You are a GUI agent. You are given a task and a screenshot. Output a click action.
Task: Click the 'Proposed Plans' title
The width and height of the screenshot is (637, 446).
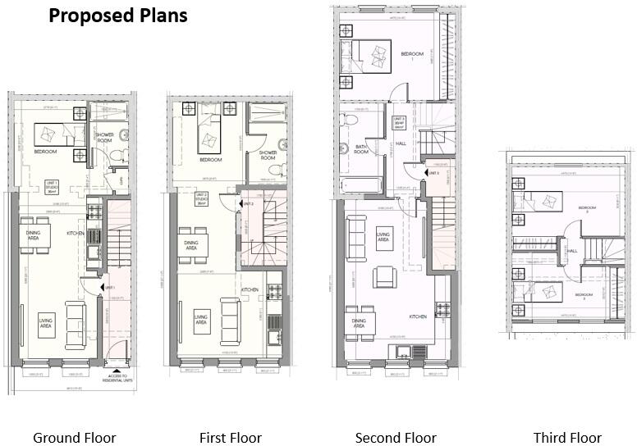[x=117, y=16]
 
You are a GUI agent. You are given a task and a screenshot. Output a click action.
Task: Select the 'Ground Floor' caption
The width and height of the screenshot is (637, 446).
[x=74, y=438]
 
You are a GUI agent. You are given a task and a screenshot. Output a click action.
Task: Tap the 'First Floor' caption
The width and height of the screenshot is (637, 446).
[x=230, y=438]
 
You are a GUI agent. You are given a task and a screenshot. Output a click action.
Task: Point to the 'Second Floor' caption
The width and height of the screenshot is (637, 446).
[x=396, y=438]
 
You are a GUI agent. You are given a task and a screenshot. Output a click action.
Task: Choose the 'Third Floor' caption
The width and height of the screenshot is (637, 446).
[x=567, y=438]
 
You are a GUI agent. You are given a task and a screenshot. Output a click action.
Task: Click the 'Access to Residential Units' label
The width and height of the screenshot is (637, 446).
[x=118, y=379]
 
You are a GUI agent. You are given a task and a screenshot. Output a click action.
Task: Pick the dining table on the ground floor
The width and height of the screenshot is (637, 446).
[x=35, y=236]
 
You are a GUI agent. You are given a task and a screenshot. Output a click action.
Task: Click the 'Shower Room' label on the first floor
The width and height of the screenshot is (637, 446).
[x=268, y=155]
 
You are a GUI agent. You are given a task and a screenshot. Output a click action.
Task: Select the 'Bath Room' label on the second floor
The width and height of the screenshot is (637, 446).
[x=361, y=149]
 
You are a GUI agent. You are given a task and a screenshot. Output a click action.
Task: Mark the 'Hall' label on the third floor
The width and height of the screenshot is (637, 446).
[x=572, y=251]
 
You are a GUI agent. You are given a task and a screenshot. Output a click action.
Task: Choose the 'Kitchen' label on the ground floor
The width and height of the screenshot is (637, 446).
[x=76, y=234]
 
